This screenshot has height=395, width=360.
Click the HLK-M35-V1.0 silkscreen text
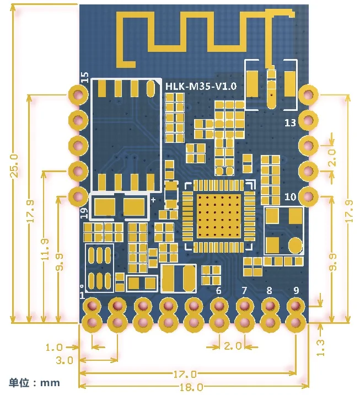click(201, 86)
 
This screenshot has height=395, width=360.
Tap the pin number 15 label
click(84, 77)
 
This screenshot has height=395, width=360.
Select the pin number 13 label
click(291, 122)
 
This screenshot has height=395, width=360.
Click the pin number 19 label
click(84, 211)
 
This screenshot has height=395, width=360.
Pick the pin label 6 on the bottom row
click(218, 290)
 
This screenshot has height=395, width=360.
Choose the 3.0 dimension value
click(66, 360)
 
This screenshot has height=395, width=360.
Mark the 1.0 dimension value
click(54, 347)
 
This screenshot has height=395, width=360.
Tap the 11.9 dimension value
click(46, 249)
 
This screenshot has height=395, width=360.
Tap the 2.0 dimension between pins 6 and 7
click(233, 346)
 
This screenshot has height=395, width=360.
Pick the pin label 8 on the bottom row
click(269, 290)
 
